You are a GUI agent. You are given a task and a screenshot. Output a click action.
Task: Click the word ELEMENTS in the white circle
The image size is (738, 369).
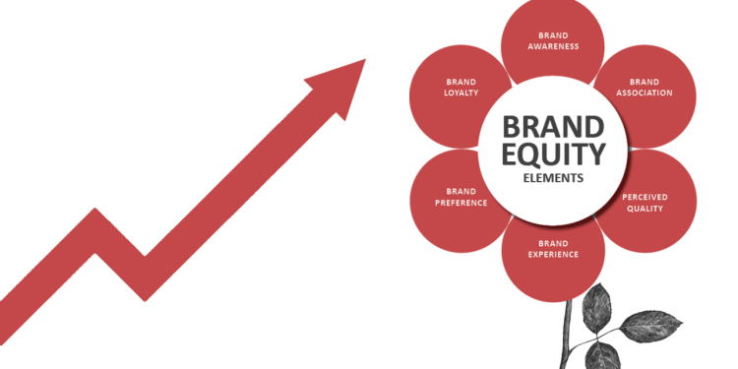click(x=553, y=178)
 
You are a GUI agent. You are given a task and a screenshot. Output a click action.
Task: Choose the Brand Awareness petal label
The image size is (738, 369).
click(x=553, y=40)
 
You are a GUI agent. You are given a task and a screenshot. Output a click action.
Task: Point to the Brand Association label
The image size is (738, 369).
click(x=645, y=88)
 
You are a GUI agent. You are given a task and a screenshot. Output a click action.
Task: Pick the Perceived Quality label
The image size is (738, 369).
click(x=644, y=202)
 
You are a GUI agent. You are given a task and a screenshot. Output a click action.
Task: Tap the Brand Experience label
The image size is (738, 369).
click(x=553, y=248)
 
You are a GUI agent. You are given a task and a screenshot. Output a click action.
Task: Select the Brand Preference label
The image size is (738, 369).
click(x=461, y=197)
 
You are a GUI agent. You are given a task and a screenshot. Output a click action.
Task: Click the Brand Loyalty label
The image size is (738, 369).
click(x=461, y=87)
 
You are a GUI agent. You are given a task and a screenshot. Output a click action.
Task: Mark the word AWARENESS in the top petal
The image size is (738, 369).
click(x=553, y=46)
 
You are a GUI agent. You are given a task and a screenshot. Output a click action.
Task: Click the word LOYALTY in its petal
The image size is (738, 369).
click(x=461, y=92)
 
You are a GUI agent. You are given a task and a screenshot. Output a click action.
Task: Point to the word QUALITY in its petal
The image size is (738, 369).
click(x=644, y=208)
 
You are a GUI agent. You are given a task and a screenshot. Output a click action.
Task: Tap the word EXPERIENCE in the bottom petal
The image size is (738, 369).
click(x=553, y=254)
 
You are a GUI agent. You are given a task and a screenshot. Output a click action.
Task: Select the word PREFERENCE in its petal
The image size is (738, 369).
click(x=461, y=203)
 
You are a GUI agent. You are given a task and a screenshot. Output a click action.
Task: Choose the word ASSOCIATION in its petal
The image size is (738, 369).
click(x=645, y=93)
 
